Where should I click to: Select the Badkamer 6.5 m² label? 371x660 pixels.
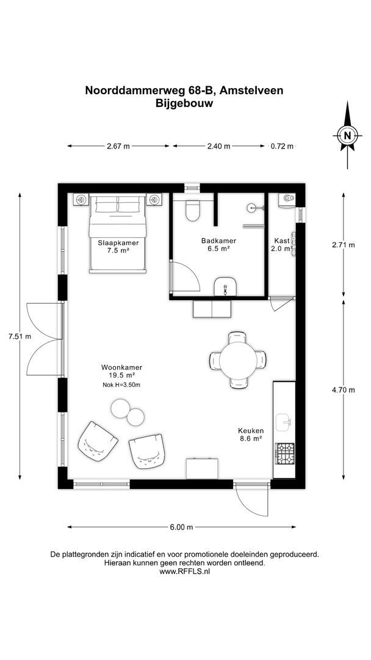[218, 244]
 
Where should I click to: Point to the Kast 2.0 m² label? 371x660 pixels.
[281, 244]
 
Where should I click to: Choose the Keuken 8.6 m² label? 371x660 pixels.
[250, 435]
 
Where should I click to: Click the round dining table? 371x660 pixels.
[238, 360]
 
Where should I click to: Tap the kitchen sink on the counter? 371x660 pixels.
[284, 422]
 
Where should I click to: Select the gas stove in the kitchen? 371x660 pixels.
[284, 453]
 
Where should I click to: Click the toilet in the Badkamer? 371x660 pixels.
[193, 210]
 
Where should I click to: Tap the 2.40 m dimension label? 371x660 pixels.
[218, 146]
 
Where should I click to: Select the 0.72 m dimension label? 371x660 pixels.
[282, 146]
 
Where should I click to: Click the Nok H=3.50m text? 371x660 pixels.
[122, 385]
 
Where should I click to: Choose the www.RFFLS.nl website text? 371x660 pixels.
[184, 572]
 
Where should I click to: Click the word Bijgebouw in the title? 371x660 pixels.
[184, 104]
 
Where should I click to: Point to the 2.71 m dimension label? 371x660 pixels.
[343, 245]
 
